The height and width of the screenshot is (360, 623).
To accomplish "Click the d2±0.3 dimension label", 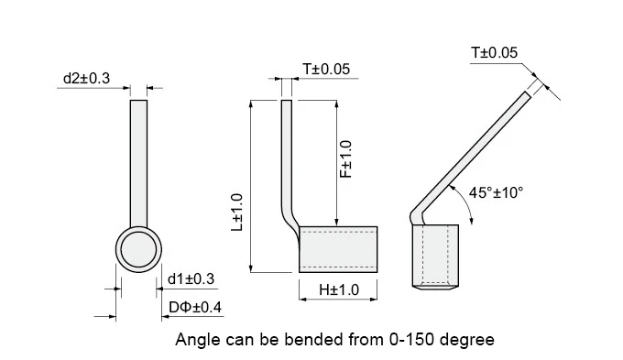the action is point(86,78).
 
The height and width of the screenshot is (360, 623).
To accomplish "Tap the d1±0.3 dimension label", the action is point(191,279).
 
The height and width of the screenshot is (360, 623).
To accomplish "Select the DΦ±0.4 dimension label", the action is point(195,307).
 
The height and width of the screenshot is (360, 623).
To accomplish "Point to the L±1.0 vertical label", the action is point(237,213).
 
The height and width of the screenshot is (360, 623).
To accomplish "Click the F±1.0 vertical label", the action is point(346,159).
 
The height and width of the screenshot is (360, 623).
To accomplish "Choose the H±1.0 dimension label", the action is point(339,289).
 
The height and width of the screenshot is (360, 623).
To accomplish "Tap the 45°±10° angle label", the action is point(496,192).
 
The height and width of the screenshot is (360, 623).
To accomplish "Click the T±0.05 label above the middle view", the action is point(326,69).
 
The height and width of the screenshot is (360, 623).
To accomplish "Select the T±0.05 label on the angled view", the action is point(494,52).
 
